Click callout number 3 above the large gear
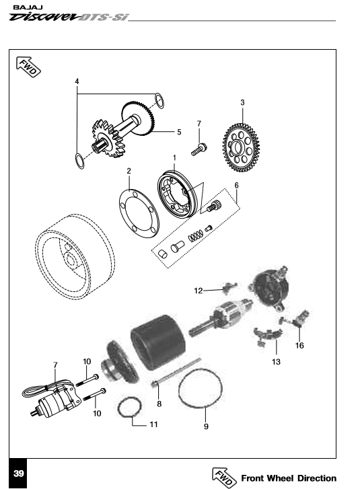coord(242,102)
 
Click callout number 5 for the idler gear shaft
coord(179,133)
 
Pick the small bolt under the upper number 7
coord(199,149)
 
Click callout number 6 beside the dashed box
coord(236,184)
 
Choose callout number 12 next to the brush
coord(198,291)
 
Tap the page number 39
coord(19,474)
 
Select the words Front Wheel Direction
coord(288,478)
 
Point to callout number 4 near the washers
coord(77,81)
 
